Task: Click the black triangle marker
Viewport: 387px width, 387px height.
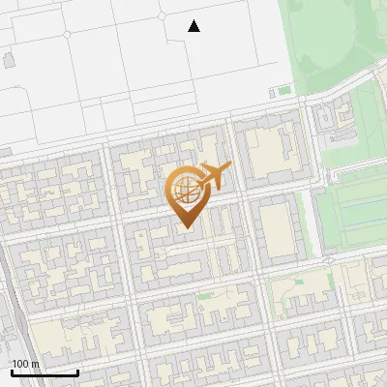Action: click(x=193, y=26)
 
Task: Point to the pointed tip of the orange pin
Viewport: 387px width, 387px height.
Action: click(x=185, y=228)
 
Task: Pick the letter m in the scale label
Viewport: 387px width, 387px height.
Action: click(x=36, y=364)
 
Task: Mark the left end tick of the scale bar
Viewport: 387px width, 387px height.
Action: click(x=12, y=372)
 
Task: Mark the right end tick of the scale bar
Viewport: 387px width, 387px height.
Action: click(x=77, y=372)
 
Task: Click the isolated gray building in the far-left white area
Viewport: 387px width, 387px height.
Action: click(x=9, y=60)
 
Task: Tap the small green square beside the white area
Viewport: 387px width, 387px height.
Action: click(x=284, y=91)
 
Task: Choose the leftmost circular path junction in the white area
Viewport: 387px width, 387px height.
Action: click(x=67, y=34)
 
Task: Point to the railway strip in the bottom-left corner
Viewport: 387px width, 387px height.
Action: click(x=12, y=319)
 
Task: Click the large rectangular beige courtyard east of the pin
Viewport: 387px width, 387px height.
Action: click(x=275, y=228)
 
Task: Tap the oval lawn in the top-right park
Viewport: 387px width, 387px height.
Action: click(x=334, y=39)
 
